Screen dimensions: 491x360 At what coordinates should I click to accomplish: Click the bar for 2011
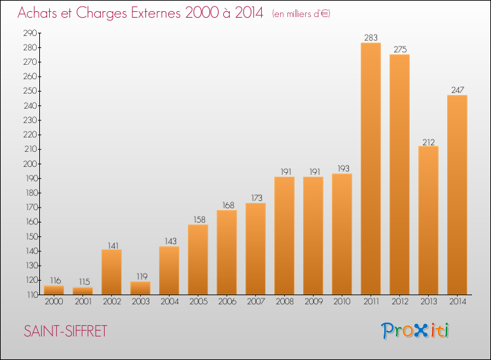[371, 169]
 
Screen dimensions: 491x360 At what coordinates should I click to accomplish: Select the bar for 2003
[140, 288]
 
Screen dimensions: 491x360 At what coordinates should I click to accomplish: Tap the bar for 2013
[428, 221]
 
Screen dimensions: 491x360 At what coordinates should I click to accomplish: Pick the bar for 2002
[111, 272]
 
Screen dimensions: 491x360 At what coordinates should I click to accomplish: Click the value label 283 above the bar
[371, 38]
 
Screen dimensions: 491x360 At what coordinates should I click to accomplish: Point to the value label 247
[458, 90]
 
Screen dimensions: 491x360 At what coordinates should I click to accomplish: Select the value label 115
[84, 281]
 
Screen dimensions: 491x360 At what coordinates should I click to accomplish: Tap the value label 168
[228, 206]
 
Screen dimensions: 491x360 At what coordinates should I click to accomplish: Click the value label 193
[343, 169]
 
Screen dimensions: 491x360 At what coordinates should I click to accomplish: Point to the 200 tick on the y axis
[30, 164]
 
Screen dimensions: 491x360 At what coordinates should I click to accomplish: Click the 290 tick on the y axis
[30, 33]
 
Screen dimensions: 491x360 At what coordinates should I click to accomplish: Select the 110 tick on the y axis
[32, 295]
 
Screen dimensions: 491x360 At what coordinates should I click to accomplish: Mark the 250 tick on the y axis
[30, 91]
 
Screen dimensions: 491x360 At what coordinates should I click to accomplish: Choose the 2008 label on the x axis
[285, 302]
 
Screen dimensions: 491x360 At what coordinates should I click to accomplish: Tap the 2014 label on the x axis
[458, 302]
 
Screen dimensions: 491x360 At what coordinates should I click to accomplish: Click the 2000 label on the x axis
[54, 302]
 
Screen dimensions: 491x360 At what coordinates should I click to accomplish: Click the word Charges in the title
[102, 13]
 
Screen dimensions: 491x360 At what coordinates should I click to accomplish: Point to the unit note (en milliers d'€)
[301, 14]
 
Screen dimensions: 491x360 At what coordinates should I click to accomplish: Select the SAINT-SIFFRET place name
[65, 331]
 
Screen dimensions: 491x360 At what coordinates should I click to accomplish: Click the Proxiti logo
[415, 331]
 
